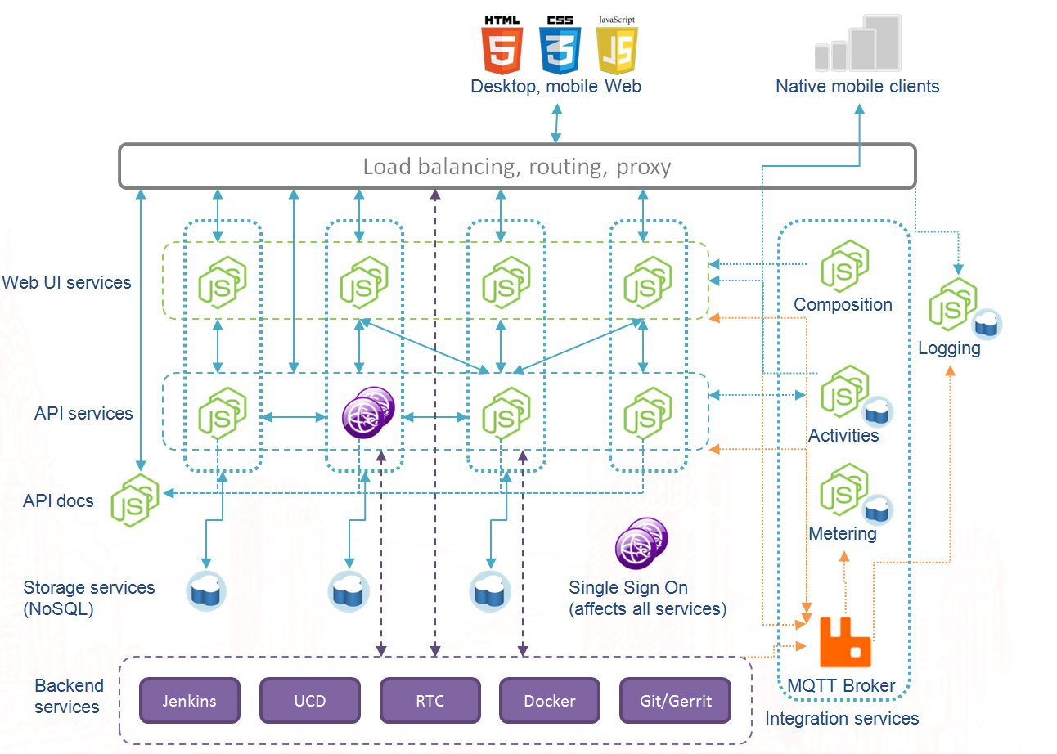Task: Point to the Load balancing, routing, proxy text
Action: click(x=517, y=167)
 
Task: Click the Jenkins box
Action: click(x=190, y=701)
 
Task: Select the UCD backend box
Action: click(x=310, y=701)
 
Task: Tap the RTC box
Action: click(x=430, y=701)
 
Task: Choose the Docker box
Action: click(x=550, y=701)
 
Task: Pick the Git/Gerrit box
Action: click(x=676, y=701)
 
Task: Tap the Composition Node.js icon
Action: click(x=843, y=267)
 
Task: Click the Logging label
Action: click(x=949, y=348)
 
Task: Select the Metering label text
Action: click(x=843, y=533)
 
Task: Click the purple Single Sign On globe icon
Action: click(x=641, y=544)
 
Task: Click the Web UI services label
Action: click(x=66, y=282)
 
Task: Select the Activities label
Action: click(x=843, y=435)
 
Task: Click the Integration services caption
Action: click(x=842, y=718)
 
